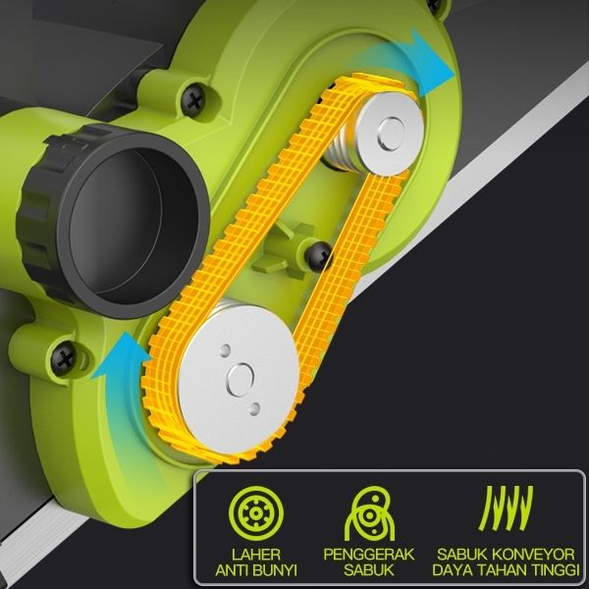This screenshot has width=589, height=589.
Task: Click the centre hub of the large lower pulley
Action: pyautogui.click(x=241, y=379)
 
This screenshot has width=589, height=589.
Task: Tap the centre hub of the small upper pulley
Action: pyautogui.click(x=392, y=134)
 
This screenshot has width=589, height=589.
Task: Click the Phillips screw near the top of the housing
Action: pyautogui.click(x=193, y=100)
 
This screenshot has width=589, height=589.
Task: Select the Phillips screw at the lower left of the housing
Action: pyautogui.click(x=64, y=358)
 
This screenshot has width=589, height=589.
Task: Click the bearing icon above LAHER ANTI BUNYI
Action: pyautogui.click(x=256, y=513)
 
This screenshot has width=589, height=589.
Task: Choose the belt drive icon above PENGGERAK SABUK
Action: pyautogui.click(x=370, y=513)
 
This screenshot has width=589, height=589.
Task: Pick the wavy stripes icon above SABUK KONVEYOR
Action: pyautogui.click(x=507, y=508)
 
